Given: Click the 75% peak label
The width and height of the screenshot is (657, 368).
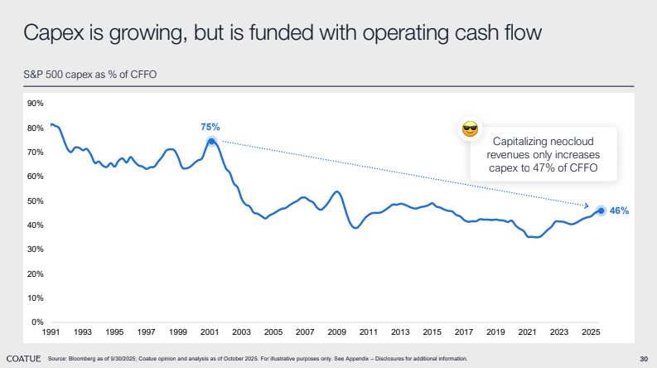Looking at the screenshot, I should click(210, 127).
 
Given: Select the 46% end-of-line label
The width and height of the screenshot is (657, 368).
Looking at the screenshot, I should click(620, 211).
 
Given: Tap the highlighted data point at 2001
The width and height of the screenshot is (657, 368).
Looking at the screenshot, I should click(211, 141).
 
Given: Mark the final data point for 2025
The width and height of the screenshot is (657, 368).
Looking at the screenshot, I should click(601, 211).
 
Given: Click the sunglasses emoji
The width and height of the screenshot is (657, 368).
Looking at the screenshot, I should click(470, 128).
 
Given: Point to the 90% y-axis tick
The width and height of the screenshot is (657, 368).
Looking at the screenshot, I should click(35, 104).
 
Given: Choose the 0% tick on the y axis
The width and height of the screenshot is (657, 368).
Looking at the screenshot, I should click(37, 322).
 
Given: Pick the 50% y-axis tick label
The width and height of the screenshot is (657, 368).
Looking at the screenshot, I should click(35, 201).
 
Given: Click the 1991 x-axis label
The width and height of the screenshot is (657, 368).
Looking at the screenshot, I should click(51, 332).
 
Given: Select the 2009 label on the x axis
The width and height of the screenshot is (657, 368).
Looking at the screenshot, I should click(337, 332).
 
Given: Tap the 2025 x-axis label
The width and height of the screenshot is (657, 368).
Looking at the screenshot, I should click(592, 332).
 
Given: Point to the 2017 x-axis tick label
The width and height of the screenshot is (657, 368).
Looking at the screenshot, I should click(464, 332).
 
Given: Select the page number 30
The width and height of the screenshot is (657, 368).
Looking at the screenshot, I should click(644, 359).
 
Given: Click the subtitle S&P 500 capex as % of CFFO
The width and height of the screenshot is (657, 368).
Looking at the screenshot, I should click(90, 75).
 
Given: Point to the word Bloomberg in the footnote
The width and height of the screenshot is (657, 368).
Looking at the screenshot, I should click(84, 359).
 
